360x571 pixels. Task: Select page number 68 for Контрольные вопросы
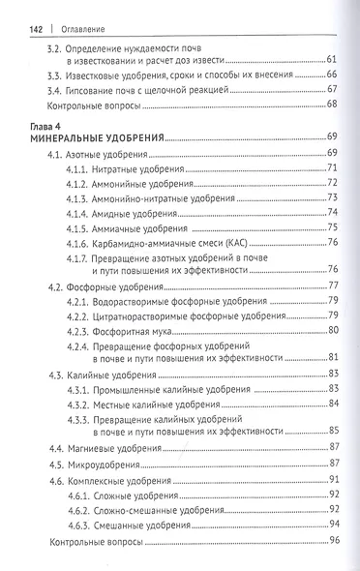332,102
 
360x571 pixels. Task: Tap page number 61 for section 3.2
332,59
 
